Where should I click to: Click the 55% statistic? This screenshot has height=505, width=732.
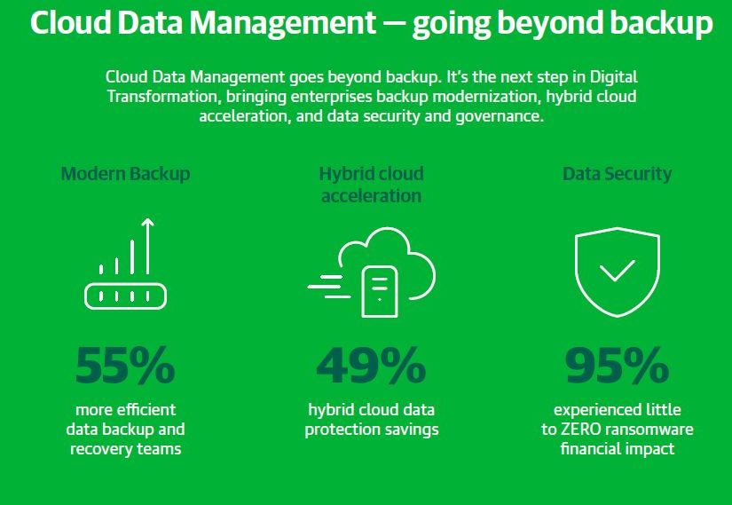[x=125, y=366]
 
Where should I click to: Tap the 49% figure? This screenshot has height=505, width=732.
[x=371, y=366]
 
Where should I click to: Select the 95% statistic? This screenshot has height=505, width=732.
[x=618, y=366]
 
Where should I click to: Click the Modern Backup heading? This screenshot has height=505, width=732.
[x=126, y=174]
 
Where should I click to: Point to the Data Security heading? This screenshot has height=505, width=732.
[x=618, y=174]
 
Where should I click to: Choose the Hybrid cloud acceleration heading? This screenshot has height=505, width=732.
[x=371, y=185]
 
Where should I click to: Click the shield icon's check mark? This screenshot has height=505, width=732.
[x=618, y=272]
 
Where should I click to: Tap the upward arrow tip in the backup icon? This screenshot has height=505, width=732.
[x=147, y=219]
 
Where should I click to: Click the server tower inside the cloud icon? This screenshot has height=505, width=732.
[x=380, y=291]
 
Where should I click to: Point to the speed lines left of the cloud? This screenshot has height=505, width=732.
[x=329, y=287]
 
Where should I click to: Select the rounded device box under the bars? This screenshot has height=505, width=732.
[x=126, y=296]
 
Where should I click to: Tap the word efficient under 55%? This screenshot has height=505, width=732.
[x=146, y=410]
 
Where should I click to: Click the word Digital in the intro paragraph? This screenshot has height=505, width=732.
[x=613, y=77]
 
